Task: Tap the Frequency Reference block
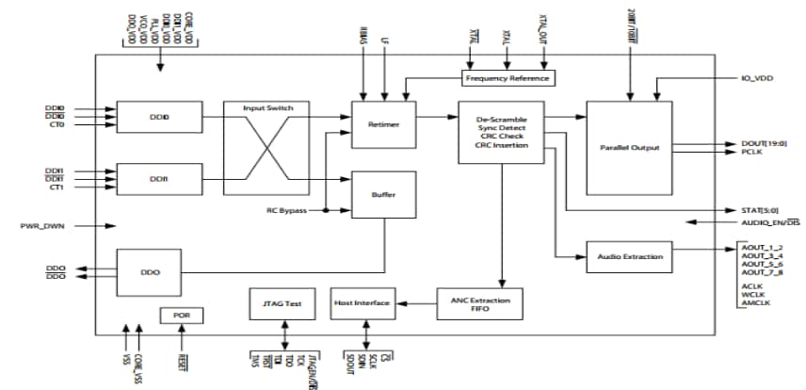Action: [508, 77]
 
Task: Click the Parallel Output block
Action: [629, 148]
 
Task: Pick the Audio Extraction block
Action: [629, 255]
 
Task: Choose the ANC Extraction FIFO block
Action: [479, 302]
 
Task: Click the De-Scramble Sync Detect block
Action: [502, 132]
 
